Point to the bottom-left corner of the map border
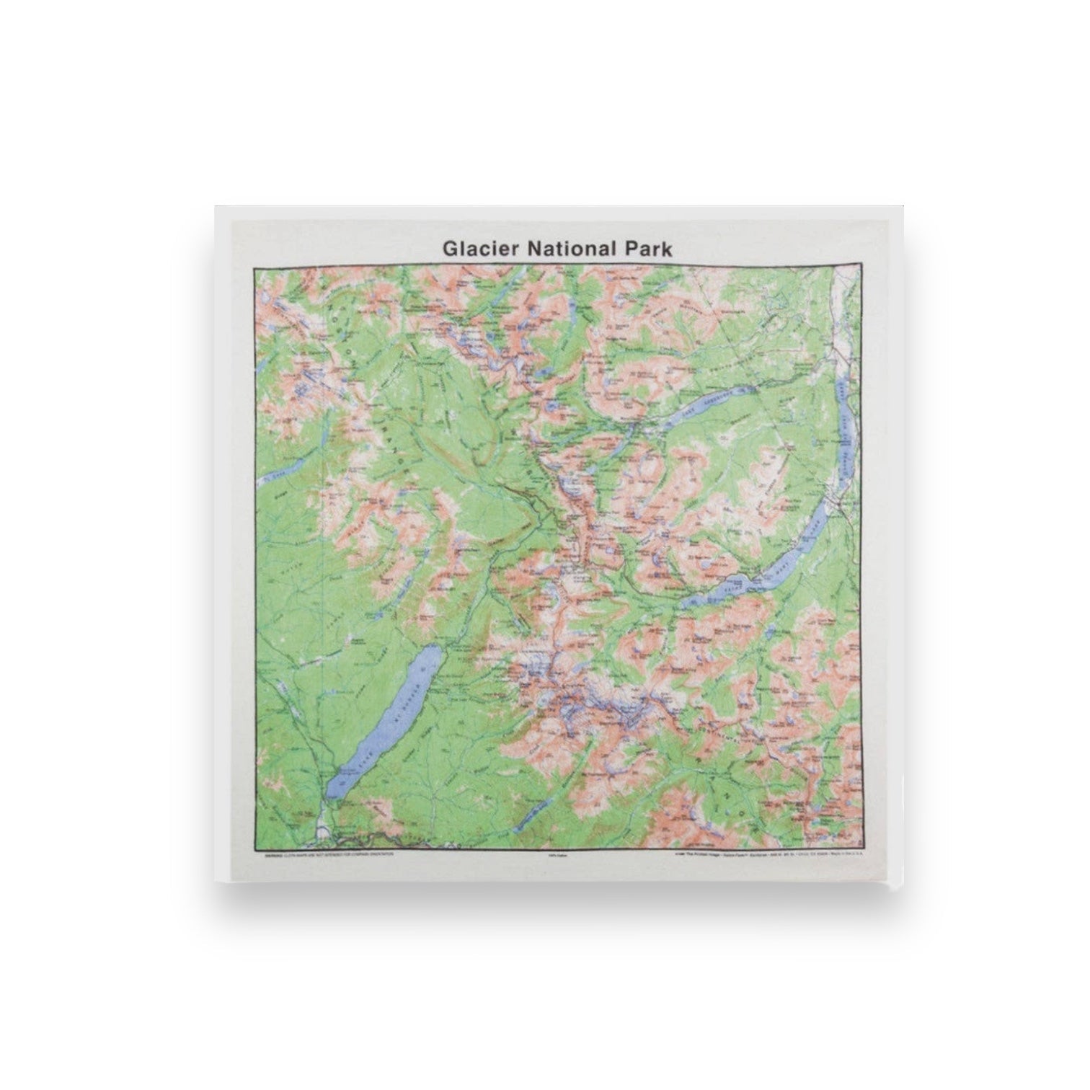(x=253, y=848)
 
